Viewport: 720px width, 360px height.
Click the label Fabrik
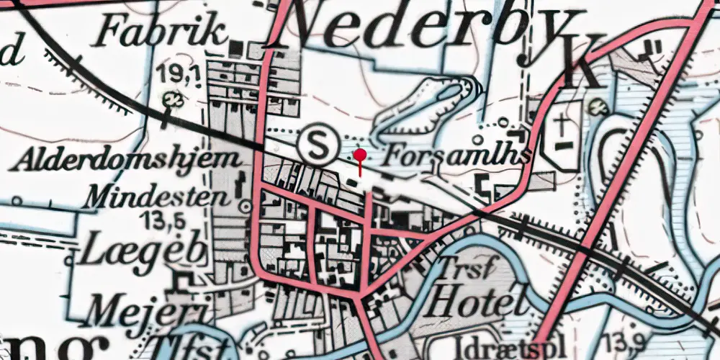(x=163, y=32)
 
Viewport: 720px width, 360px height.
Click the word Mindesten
(x=158, y=195)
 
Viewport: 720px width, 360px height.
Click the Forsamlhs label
(x=459, y=156)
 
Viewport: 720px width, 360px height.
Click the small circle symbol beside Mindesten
(x=245, y=207)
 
